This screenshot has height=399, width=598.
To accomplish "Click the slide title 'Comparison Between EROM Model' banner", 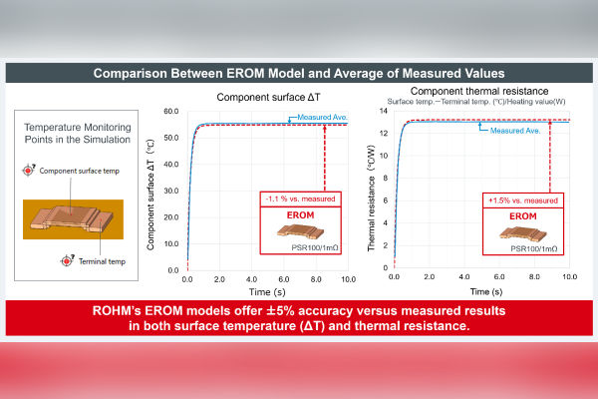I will tap(299, 73).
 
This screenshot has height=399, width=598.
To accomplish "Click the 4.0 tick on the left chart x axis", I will tap(251, 279).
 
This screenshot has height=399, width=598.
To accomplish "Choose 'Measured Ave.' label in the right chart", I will tap(515, 130).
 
